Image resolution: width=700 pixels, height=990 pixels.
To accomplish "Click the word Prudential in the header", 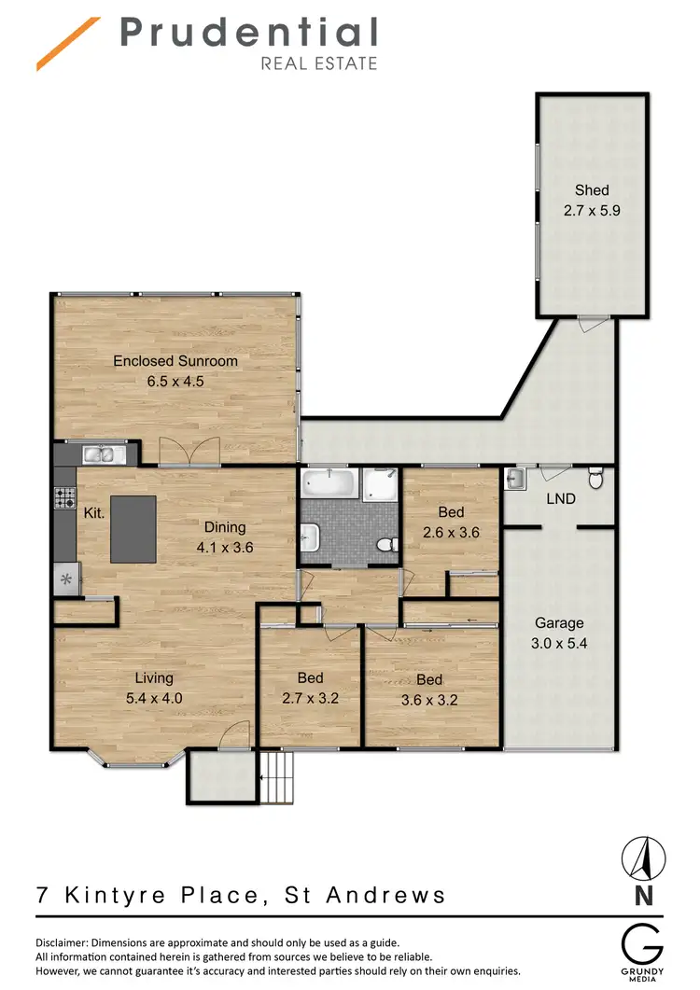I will click(x=248, y=34).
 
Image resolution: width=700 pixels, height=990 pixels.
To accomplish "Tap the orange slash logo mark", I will click(x=68, y=44).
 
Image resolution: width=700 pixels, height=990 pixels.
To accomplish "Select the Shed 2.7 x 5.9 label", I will click(x=592, y=201).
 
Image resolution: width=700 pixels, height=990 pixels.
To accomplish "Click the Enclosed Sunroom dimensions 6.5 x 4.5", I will click(x=175, y=381).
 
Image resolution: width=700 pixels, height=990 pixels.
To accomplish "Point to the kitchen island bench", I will click(x=133, y=528).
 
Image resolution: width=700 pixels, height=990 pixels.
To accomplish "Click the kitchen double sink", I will click(x=105, y=454).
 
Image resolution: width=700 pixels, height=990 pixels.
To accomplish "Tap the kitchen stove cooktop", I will click(x=64, y=498).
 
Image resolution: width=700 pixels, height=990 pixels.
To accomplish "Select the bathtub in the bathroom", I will click(x=329, y=484).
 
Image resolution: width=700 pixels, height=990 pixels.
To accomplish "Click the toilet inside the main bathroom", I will click(x=384, y=544).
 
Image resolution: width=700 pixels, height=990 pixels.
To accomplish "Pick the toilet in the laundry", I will click(x=595, y=480).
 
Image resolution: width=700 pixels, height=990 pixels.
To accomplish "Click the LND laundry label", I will click(x=561, y=499).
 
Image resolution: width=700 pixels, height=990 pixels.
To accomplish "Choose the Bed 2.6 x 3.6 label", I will click(x=450, y=522).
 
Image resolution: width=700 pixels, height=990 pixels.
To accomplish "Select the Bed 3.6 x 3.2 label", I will click(x=429, y=689).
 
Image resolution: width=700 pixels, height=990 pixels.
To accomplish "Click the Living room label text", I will click(x=153, y=678).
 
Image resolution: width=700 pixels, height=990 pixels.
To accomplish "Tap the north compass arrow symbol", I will click(x=642, y=858).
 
